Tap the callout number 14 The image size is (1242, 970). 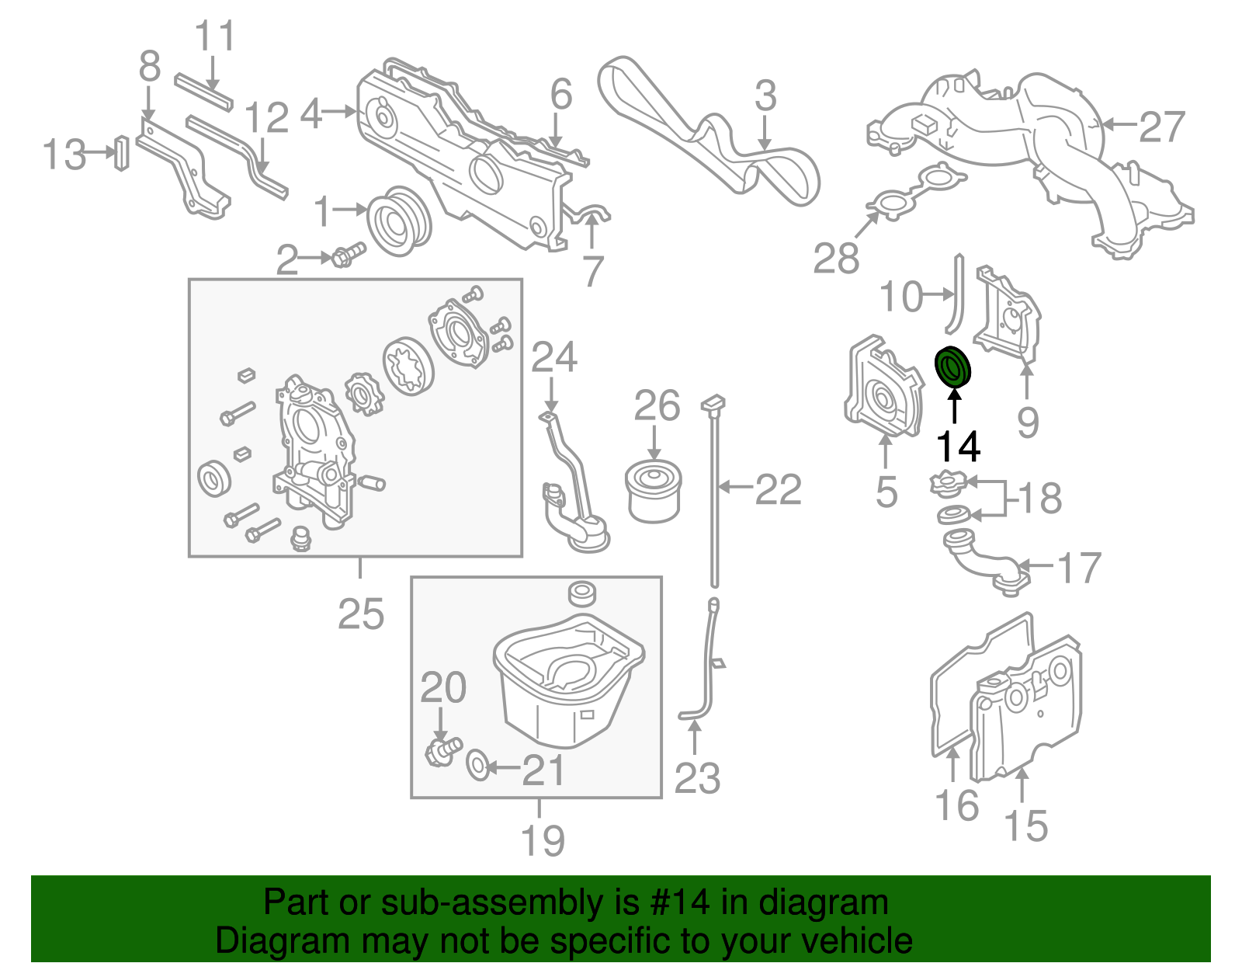coord(958,447)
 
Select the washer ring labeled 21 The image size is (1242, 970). coord(478,764)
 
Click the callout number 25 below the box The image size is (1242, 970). coord(361,614)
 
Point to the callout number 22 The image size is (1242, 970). coord(778,489)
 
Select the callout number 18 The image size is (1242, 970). coord(1039,498)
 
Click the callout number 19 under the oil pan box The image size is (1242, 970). coord(542,840)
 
